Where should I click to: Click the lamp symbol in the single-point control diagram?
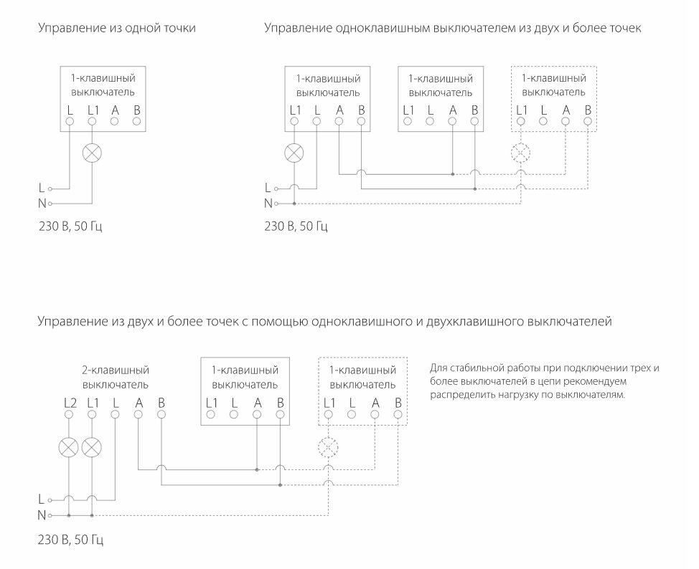click(x=92, y=153)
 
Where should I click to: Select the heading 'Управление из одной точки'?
click(x=117, y=29)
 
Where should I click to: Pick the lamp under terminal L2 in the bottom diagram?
click(x=69, y=448)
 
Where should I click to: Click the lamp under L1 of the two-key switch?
click(x=92, y=448)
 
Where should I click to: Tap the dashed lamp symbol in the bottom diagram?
click(x=329, y=448)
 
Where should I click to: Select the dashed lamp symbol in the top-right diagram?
click(x=521, y=153)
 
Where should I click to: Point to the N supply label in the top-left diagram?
click(x=42, y=203)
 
